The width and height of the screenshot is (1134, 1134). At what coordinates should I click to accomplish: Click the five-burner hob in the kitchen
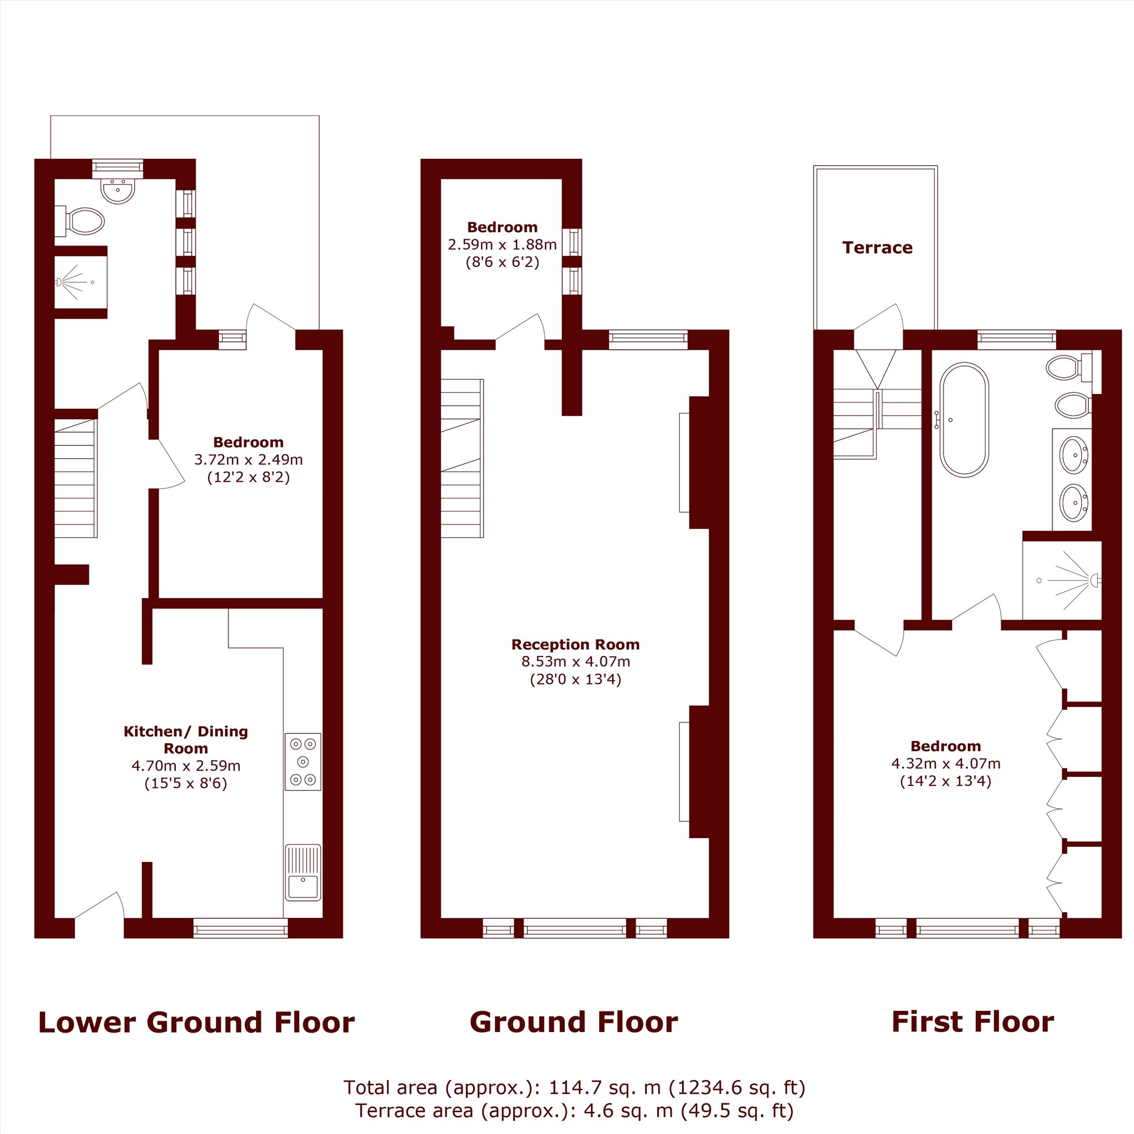(x=303, y=761)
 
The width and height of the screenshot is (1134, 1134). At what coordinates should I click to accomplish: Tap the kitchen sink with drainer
(x=303, y=872)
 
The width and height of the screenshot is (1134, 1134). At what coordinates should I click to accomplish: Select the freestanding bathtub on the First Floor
(x=964, y=420)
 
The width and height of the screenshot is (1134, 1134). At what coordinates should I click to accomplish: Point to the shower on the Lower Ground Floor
(x=81, y=282)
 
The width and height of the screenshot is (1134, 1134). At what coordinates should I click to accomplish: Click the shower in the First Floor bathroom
(x=1062, y=580)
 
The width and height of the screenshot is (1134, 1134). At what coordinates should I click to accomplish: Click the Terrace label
(x=878, y=248)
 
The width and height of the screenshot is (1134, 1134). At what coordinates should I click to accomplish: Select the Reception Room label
(x=575, y=645)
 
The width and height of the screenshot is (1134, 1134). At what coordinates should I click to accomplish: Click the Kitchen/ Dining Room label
(x=185, y=739)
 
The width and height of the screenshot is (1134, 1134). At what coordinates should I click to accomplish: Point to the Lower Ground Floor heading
(x=197, y=1022)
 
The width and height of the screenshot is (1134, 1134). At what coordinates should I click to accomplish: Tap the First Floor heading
(x=972, y=1022)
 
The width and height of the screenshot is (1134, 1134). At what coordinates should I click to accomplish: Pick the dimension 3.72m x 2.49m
(x=248, y=460)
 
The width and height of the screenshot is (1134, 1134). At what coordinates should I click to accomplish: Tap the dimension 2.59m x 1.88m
(x=502, y=244)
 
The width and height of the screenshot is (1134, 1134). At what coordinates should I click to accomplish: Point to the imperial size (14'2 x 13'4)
(x=946, y=781)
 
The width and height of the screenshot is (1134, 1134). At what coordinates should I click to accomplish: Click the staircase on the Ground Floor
(x=462, y=458)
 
